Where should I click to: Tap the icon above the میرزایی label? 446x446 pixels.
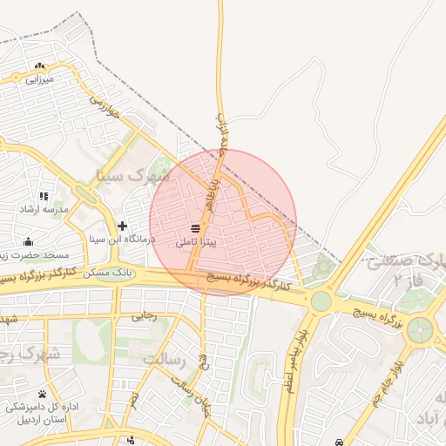click(39, 65)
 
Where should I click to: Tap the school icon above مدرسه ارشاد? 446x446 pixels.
click(44, 196)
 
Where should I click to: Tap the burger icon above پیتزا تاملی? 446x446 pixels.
click(191, 229)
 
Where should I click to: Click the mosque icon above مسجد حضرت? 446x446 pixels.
click(28, 243)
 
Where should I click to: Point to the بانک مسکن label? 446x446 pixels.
click(113, 273)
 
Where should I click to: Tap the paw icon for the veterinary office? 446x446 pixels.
click(42, 395)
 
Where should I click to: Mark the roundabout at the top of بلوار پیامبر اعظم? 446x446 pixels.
click(321, 301)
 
